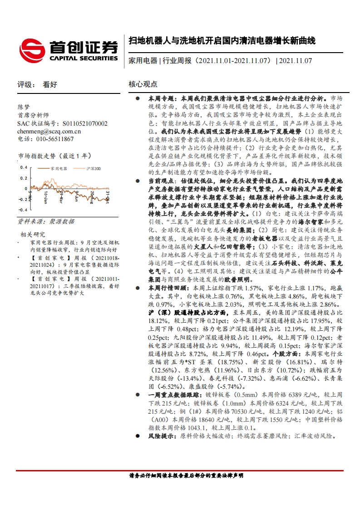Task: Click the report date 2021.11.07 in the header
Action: coord(296,60)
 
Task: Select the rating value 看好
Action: coord(49,84)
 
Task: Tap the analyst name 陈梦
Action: coord(23,107)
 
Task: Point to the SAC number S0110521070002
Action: coord(85,123)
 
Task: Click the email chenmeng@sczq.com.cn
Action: coord(49,132)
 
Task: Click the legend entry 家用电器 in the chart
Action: coord(59,168)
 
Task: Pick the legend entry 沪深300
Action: coord(94,168)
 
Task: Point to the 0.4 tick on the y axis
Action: coord(23,167)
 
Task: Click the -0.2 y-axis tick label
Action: coord(22,200)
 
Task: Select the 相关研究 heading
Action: coord(33,235)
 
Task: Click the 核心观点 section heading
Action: coord(143,84)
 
